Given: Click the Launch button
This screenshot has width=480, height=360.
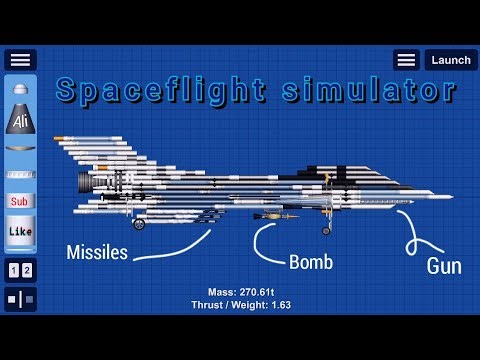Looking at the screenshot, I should [450, 60].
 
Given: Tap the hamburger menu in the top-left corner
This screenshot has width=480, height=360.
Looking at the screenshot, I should [20, 60].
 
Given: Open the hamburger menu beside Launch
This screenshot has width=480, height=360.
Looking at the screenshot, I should [405, 60].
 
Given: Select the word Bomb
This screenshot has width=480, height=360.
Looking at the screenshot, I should [311, 263].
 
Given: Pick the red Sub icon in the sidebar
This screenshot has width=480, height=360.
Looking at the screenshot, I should [20, 200].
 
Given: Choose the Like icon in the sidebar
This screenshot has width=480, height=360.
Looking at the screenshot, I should [20, 233].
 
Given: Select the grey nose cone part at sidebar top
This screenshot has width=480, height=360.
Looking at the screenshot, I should [20, 91].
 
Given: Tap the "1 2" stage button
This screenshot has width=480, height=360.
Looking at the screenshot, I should [20, 271].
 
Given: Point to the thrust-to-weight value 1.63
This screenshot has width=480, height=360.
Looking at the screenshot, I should [280, 305].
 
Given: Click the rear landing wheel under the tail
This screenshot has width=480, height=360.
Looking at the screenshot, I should [139, 224].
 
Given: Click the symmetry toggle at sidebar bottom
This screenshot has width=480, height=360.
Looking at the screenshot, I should [20, 299].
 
